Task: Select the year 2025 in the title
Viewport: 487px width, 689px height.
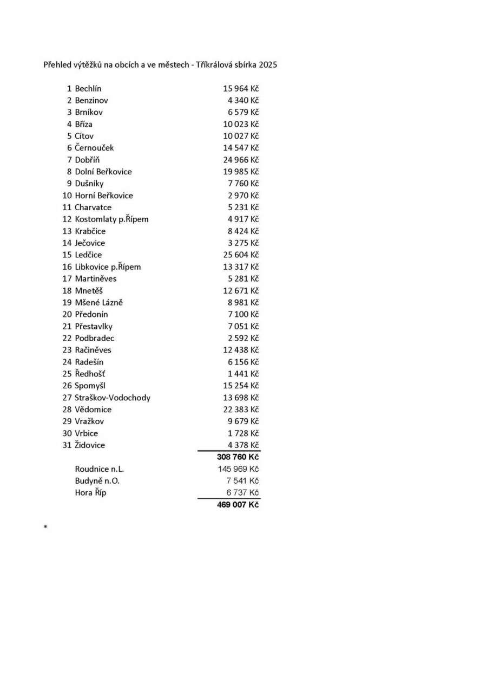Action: pos(268,65)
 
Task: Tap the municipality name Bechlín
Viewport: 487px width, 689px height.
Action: pos(88,88)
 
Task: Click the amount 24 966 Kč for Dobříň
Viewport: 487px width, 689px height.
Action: pos(241,160)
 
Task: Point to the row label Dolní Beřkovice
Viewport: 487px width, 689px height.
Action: pos(103,172)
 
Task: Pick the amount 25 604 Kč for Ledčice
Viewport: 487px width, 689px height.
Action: pos(241,255)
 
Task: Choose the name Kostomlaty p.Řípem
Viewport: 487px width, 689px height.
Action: pos(111,219)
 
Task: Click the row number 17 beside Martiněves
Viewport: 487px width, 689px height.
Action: pos(67,278)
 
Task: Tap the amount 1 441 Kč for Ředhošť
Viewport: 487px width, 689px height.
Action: pos(243,374)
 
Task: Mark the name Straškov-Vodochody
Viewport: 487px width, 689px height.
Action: pos(113,398)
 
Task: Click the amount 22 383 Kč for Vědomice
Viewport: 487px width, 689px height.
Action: pos(241,409)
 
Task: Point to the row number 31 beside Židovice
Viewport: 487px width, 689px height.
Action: pos(67,445)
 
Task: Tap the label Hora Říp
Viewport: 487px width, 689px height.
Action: pos(90,493)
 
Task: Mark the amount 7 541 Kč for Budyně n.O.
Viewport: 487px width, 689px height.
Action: pos(243,481)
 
